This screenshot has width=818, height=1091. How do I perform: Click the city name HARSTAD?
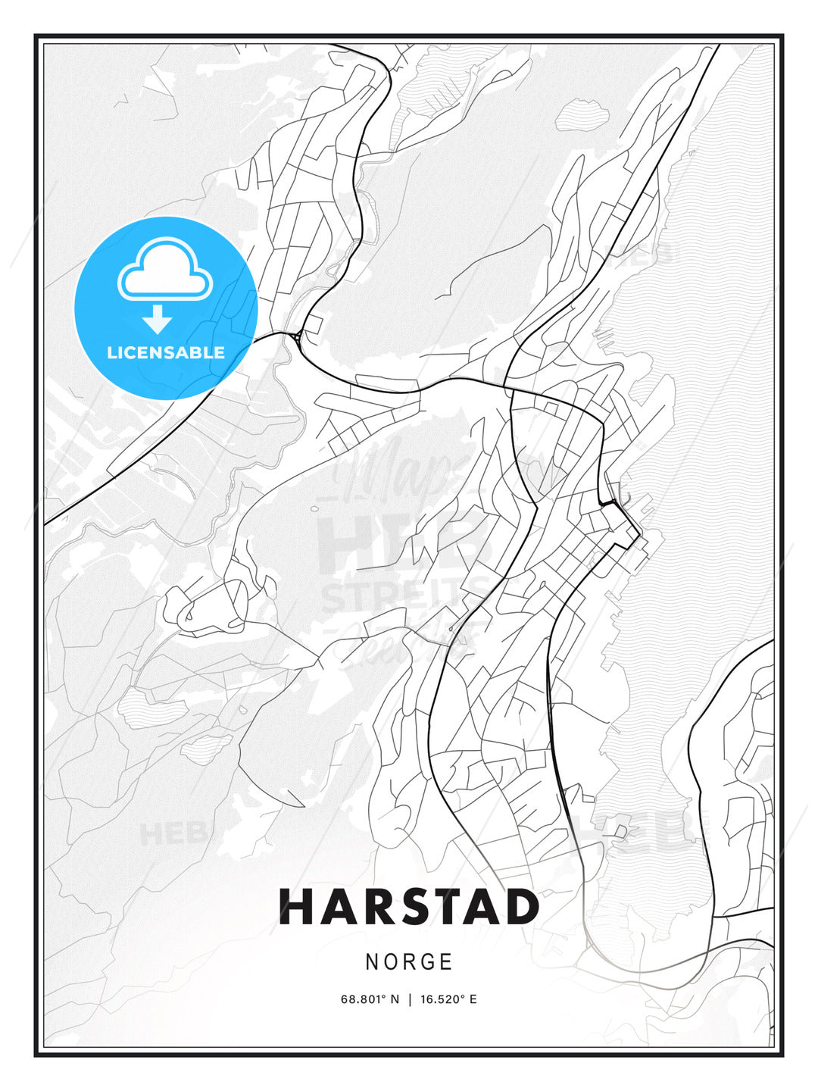(409, 907)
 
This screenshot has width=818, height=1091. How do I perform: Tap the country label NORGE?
(409, 962)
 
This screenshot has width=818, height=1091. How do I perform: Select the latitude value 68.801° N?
(370, 999)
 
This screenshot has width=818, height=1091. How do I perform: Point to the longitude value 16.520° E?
(448, 999)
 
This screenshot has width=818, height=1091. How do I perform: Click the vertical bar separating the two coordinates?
(410, 999)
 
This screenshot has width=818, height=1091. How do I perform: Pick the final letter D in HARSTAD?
(521, 907)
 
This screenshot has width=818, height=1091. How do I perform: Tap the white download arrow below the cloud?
(158, 320)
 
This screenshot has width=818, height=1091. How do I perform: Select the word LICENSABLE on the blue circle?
(166, 352)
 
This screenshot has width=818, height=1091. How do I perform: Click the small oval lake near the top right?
(582, 115)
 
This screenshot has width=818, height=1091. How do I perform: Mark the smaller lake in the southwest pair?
(206, 746)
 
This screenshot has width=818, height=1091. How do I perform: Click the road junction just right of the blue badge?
(294, 335)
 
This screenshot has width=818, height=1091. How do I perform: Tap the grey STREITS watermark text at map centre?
(409, 595)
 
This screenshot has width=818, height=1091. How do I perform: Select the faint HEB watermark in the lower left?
(173, 833)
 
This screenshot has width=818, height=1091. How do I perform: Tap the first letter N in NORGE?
(372, 962)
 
